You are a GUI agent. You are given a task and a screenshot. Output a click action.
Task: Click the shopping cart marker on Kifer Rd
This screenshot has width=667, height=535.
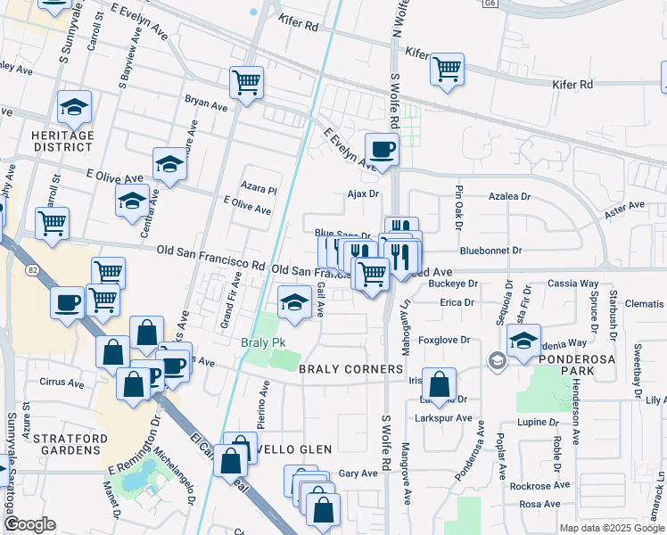pyautogui.click(x=446, y=69)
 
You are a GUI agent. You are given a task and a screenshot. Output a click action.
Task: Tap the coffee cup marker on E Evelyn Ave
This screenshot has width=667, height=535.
pyautogui.click(x=382, y=150)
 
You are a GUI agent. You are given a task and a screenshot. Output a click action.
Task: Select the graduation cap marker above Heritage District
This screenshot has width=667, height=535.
pyautogui.click(x=74, y=109)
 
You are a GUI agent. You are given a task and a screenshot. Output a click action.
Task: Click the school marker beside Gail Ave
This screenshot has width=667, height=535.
pyautogui.click(x=294, y=302)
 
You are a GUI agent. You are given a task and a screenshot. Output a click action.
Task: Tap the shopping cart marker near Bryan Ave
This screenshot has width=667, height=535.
pyautogui.click(x=246, y=83)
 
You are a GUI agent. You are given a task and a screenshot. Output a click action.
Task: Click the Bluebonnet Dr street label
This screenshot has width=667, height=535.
pyautogui.click(x=492, y=251)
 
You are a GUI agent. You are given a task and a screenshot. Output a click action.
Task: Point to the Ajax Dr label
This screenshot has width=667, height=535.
pyautogui.click(x=363, y=193)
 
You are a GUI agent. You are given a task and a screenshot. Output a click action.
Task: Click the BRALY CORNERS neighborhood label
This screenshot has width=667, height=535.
pyautogui.click(x=351, y=369)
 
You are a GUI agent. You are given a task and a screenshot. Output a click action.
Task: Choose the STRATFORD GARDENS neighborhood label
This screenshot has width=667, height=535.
pyautogui.click(x=68, y=444)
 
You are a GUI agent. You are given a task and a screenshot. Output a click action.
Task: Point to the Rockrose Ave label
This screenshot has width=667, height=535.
pyautogui.click(x=535, y=486)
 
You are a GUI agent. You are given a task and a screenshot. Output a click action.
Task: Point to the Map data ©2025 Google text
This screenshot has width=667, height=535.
pyautogui.click(x=612, y=528)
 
